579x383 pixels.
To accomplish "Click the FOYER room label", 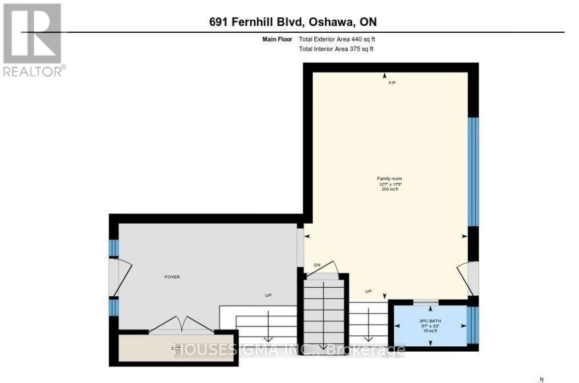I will tap(172, 277).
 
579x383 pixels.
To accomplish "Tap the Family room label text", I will tap(389, 179).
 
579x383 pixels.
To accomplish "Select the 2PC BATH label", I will tap(430, 321).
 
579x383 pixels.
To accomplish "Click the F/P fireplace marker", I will tap(392, 83).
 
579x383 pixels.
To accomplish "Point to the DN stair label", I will tap(317, 265).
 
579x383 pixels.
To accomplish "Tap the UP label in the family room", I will tap(369, 291).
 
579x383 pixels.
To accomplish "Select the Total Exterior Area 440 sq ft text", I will tap(340, 39).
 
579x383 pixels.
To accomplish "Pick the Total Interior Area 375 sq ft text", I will tap(336, 49).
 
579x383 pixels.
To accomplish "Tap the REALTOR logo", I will tap(33, 40).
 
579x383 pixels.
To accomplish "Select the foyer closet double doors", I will tap(183, 325).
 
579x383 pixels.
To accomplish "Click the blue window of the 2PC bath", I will tap(474, 325).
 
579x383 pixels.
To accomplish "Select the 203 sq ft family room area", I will tap(389, 189).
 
